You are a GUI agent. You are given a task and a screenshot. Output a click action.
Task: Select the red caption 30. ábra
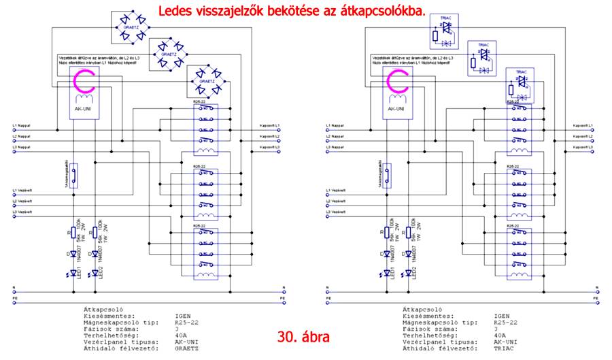tap(305, 337)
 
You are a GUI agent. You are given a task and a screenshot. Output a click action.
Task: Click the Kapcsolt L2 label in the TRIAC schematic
tap(584, 137)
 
